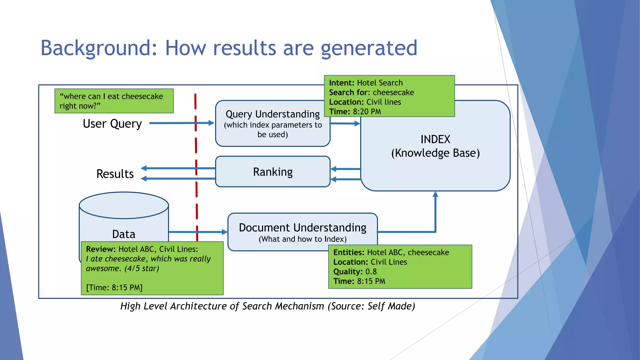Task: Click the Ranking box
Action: (x=272, y=172)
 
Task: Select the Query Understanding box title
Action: (x=272, y=114)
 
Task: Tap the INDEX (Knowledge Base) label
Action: (x=435, y=146)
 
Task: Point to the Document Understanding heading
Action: (x=302, y=227)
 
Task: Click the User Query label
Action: (x=112, y=124)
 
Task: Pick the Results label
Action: (x=115, y=174)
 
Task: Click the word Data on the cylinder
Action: (x=124, y=234)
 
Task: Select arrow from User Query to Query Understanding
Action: (x=181, y=123)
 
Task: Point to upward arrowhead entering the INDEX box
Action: (x=435, y=195)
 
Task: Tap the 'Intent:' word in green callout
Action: (x=341, y=83)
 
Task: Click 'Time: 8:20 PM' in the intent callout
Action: (x=355, y=112)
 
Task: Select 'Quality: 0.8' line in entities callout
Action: (x=355, y=272)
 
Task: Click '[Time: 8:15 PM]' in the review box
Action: (x=114, y=287)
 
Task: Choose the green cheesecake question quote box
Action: (x=114, y=101)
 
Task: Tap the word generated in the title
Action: (x=369, y=48)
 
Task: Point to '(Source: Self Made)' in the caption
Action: (x=371, y=306)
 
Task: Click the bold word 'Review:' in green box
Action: (x=101, y=249)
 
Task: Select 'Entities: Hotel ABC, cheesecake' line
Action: (x=391, y=252)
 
